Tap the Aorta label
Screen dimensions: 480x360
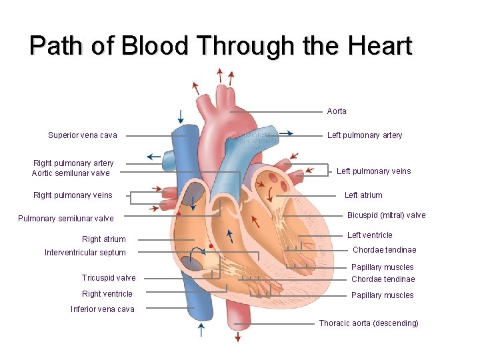(x=337, y=111)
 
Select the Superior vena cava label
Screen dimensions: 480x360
(x=83, y=135)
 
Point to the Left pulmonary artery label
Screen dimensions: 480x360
(x=365, y=135)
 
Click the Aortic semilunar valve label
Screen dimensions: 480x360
(x=71, y=173)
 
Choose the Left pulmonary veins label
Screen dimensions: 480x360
(x=373, y=171)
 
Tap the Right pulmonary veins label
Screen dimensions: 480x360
(x=73, y=195)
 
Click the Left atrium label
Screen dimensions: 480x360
(x=363, y=195)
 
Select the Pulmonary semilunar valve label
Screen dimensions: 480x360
(x=66, y=219)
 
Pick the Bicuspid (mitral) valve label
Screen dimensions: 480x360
(x=386, y=215)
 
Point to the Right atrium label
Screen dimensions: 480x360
(x=103, y=239)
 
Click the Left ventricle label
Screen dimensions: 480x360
(x=370, y=235)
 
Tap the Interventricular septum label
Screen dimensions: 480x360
(x=85, y=253)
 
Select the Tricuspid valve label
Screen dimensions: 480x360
(x=109, y=278)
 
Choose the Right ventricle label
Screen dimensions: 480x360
(x=107, y=294)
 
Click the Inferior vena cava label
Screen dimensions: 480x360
(x=103, y=309)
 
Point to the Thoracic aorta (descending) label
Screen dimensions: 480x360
(x=369, y=323)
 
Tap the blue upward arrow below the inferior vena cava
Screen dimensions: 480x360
(x=201, y=329)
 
